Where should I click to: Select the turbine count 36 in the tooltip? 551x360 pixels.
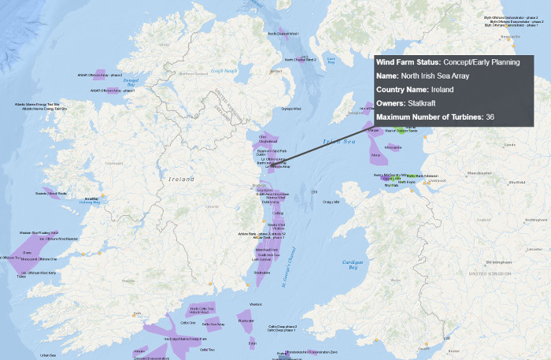490,117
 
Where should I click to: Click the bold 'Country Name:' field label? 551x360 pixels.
403,90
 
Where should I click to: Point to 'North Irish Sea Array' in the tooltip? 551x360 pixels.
438,76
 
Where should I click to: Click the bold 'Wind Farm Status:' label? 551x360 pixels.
409,62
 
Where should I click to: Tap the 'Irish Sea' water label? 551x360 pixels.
339,141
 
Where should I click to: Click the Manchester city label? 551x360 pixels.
478,172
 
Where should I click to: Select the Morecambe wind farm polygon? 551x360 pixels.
393,147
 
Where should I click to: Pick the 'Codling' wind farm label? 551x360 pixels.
278,213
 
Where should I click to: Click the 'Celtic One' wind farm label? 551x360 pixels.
188,322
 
